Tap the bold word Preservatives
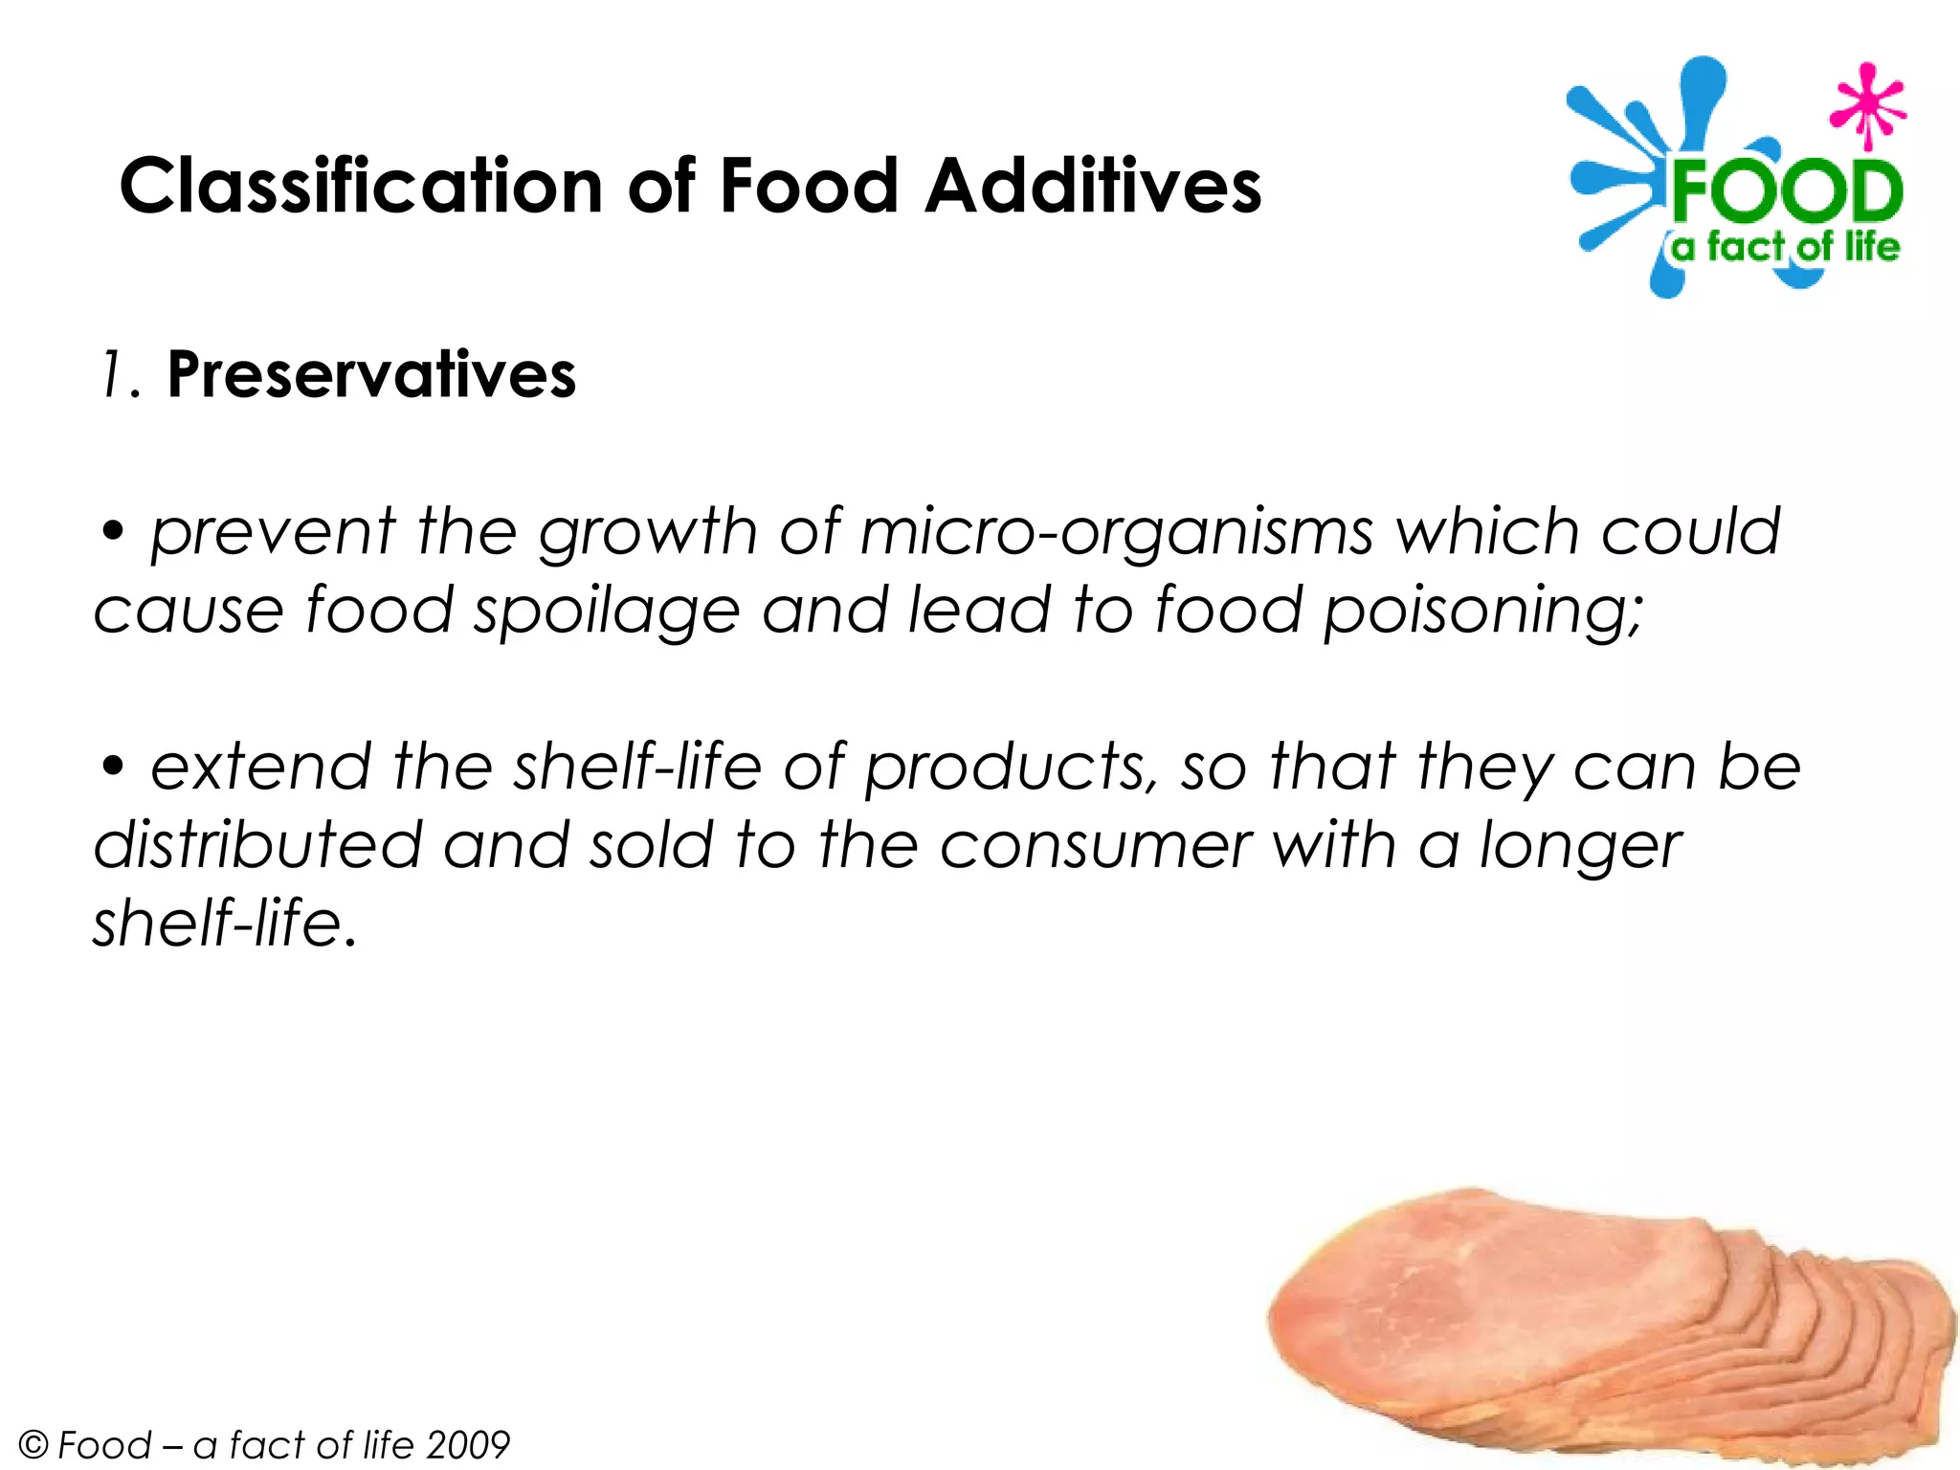371,374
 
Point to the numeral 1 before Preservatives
115,374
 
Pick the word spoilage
607,612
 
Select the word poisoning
1482,612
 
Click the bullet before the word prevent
114,532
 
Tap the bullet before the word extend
114,767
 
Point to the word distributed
257,846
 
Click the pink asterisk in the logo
1866,106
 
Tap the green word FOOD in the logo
1786,192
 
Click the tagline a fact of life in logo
1785,248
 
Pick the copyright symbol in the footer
33,1444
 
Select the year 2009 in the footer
468,1444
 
